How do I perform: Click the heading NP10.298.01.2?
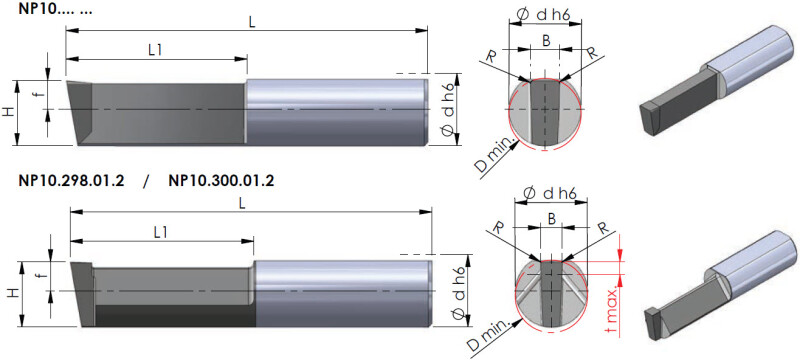[71, 181]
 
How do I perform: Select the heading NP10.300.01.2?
[221, 181]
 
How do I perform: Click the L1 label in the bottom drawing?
[161, 232]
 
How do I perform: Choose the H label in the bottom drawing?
[14, 293]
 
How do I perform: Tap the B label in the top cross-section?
[546, 42]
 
